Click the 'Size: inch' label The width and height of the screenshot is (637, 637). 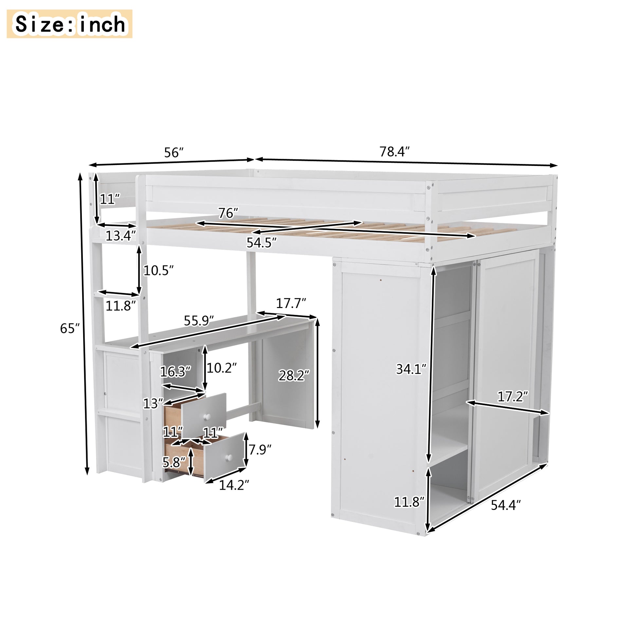[x=70, y=24]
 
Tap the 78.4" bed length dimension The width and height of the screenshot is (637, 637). [x=394, y=152]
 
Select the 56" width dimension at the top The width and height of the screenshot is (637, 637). [x=174, y=153]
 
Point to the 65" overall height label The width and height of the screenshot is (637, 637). [x=70, y=328]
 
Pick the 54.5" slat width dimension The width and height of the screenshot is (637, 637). [x=261, y=243]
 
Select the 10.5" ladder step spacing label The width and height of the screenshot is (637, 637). [x=158, y=271]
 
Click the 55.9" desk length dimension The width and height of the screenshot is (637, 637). [x=199, y=321]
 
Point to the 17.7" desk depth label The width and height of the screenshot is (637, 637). [x=291, y=303]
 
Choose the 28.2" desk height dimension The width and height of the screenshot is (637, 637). [x=294, y=375]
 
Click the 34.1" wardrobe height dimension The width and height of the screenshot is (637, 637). [x=411, y=369]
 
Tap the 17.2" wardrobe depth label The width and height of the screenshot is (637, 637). [x=513, y=397]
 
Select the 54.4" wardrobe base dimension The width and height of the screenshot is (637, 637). [x=506, y=505]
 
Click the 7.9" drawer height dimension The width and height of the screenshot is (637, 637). [x=260, y=449]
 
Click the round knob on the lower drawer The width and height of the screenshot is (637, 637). [x=228, y=457]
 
